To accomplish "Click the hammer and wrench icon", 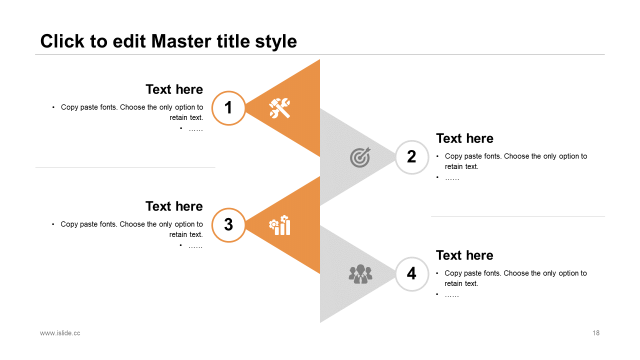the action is (279, 108).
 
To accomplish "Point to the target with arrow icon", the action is (360, 157).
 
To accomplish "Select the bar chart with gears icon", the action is (279, 225).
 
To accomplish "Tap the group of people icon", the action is (360, 274).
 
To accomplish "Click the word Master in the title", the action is (181, 41).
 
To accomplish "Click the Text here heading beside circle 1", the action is (174, 89).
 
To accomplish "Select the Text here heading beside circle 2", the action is (464, 138).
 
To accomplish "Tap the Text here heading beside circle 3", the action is (174, 206).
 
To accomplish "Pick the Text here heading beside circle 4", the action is (464, 255).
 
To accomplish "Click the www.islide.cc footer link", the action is (60, 333).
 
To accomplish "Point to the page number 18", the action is (596, 333).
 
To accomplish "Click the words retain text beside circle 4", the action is (461, 283).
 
